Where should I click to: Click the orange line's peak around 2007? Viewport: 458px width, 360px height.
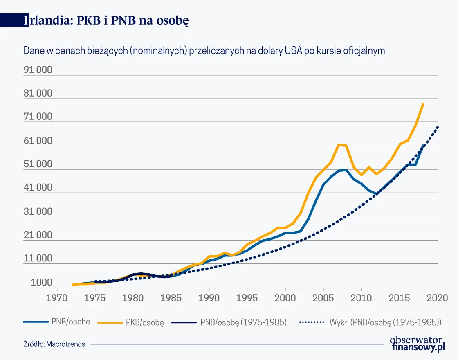point(339,144)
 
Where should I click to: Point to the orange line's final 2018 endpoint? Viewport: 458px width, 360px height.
point(423,104)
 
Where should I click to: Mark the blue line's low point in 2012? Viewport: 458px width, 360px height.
point(376,194)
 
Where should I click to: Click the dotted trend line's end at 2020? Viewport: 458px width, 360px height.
point(438,127)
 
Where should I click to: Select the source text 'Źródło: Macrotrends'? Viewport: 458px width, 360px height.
point(54,344)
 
